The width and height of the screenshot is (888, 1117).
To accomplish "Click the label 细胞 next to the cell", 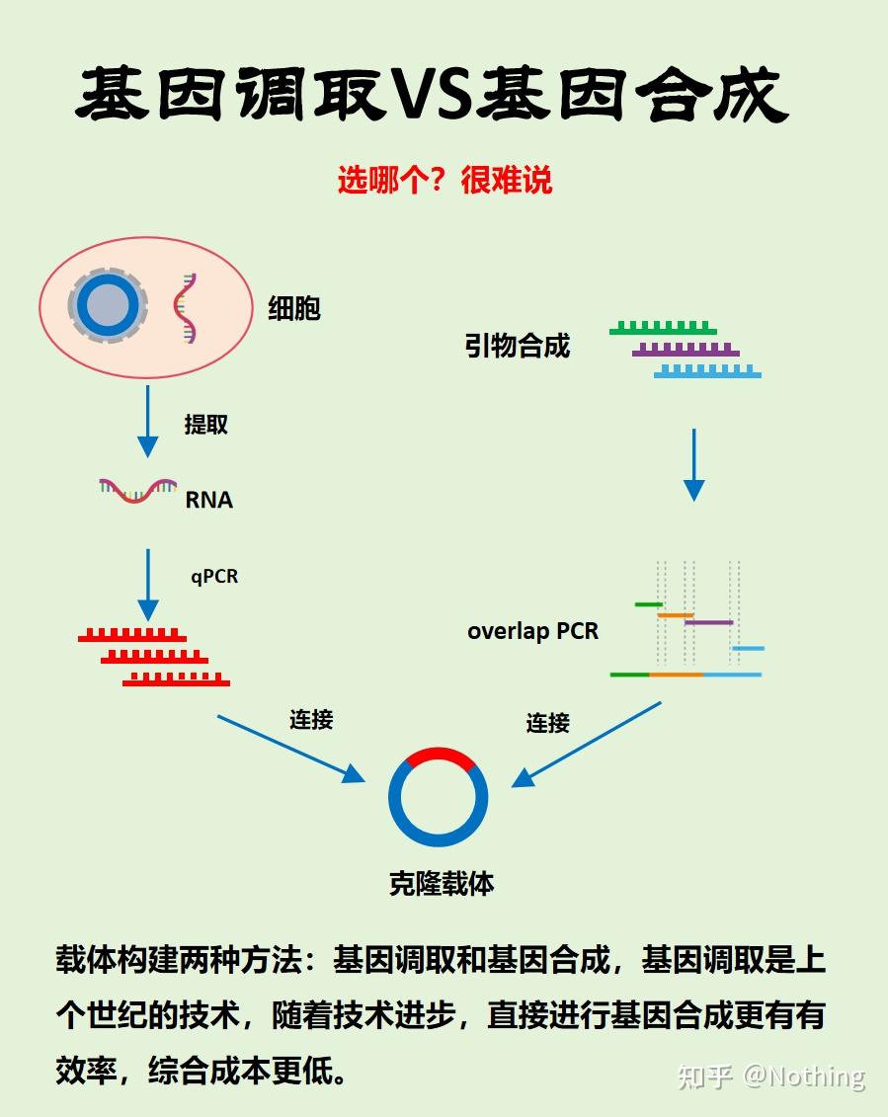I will coord(294,308).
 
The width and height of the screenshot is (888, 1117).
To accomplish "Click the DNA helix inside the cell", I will coord(185,307).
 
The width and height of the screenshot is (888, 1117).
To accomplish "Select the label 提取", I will coord(206,425).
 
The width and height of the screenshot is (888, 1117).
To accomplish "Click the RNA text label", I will coord(209,500).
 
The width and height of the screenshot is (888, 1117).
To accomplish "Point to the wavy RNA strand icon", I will coord(137,489).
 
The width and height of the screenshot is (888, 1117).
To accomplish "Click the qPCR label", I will coord(214,576).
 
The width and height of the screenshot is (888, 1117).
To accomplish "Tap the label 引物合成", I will coord(518,346).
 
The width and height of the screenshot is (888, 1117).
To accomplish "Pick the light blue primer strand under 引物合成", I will coord(707,372).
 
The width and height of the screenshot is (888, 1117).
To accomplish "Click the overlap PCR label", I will coord(532,630).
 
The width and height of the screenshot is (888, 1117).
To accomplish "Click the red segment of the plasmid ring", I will coord(440,758).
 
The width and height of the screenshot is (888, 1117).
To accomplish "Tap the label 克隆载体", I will coord(442,883).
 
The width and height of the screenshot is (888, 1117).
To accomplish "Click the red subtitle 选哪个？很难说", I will coord(444,180).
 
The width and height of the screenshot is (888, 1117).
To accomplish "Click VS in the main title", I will coord(432,96).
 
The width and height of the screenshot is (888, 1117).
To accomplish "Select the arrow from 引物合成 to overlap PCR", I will coord(694,464).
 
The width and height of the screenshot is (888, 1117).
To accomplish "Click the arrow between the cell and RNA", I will coord(147,421).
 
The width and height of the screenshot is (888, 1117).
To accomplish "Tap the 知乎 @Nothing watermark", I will coord(770,1076).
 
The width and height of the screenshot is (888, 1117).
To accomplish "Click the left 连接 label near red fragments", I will coord(311,720).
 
